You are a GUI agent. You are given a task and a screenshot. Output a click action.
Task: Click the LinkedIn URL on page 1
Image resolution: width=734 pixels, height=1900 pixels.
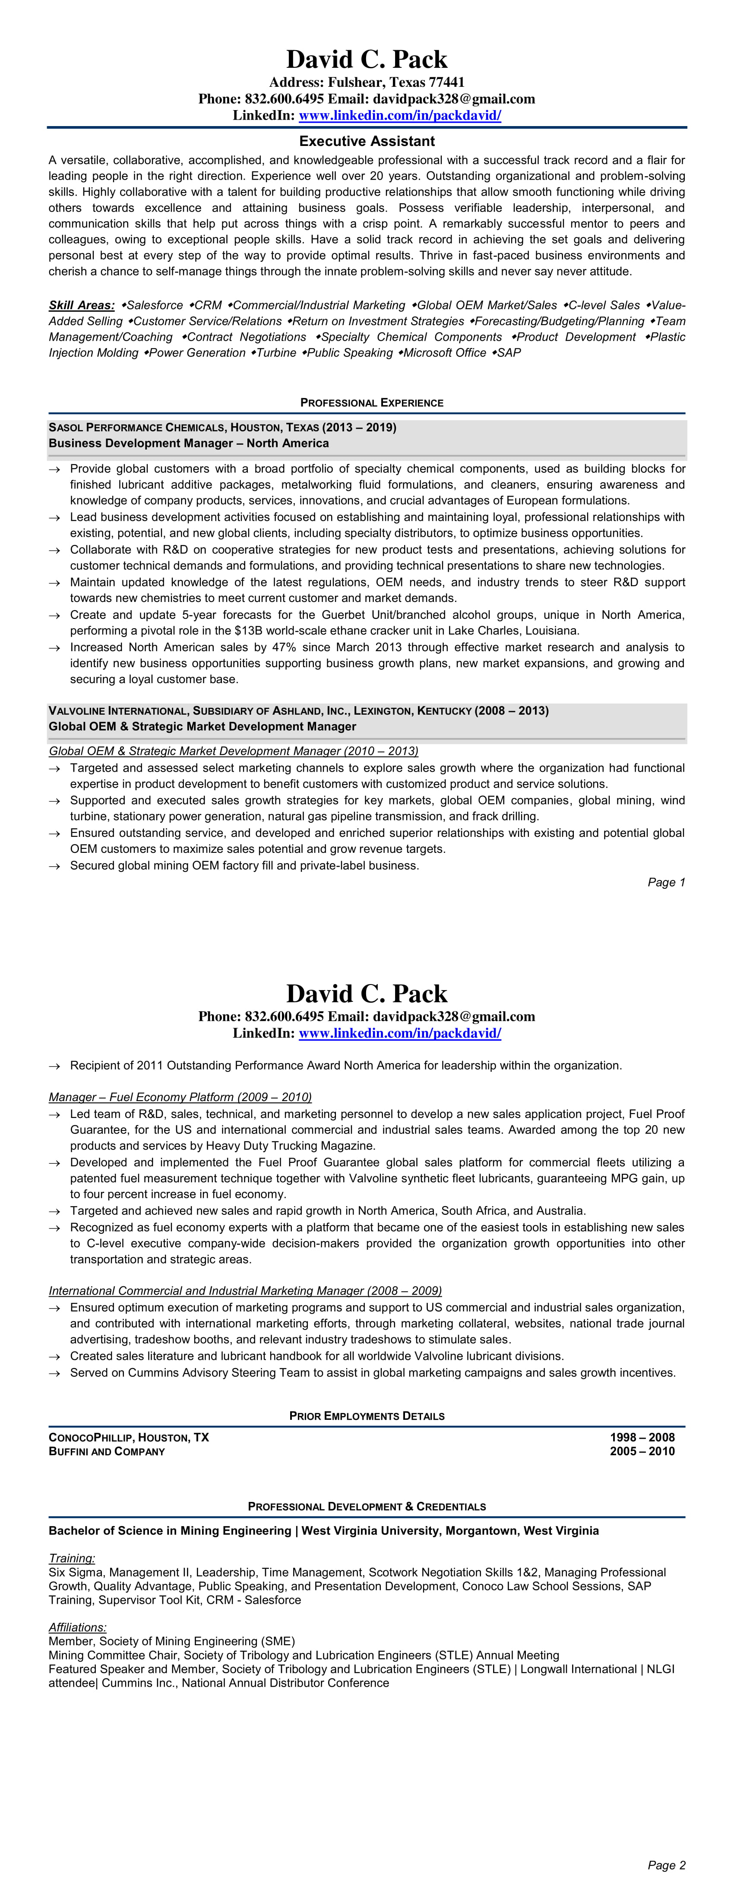[399, 115]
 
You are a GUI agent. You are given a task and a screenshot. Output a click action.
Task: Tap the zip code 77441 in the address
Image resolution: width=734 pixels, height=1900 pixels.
[446, 82]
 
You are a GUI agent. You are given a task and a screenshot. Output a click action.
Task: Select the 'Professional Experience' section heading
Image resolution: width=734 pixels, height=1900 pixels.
[372, 403]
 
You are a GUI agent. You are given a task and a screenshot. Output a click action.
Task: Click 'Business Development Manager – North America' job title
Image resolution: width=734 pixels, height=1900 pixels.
[189, 443]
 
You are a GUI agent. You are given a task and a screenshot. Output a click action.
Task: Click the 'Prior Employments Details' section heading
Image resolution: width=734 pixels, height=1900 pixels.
[367, 1416]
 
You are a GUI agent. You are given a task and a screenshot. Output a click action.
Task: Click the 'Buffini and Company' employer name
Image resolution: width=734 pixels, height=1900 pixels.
[107, 1451]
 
